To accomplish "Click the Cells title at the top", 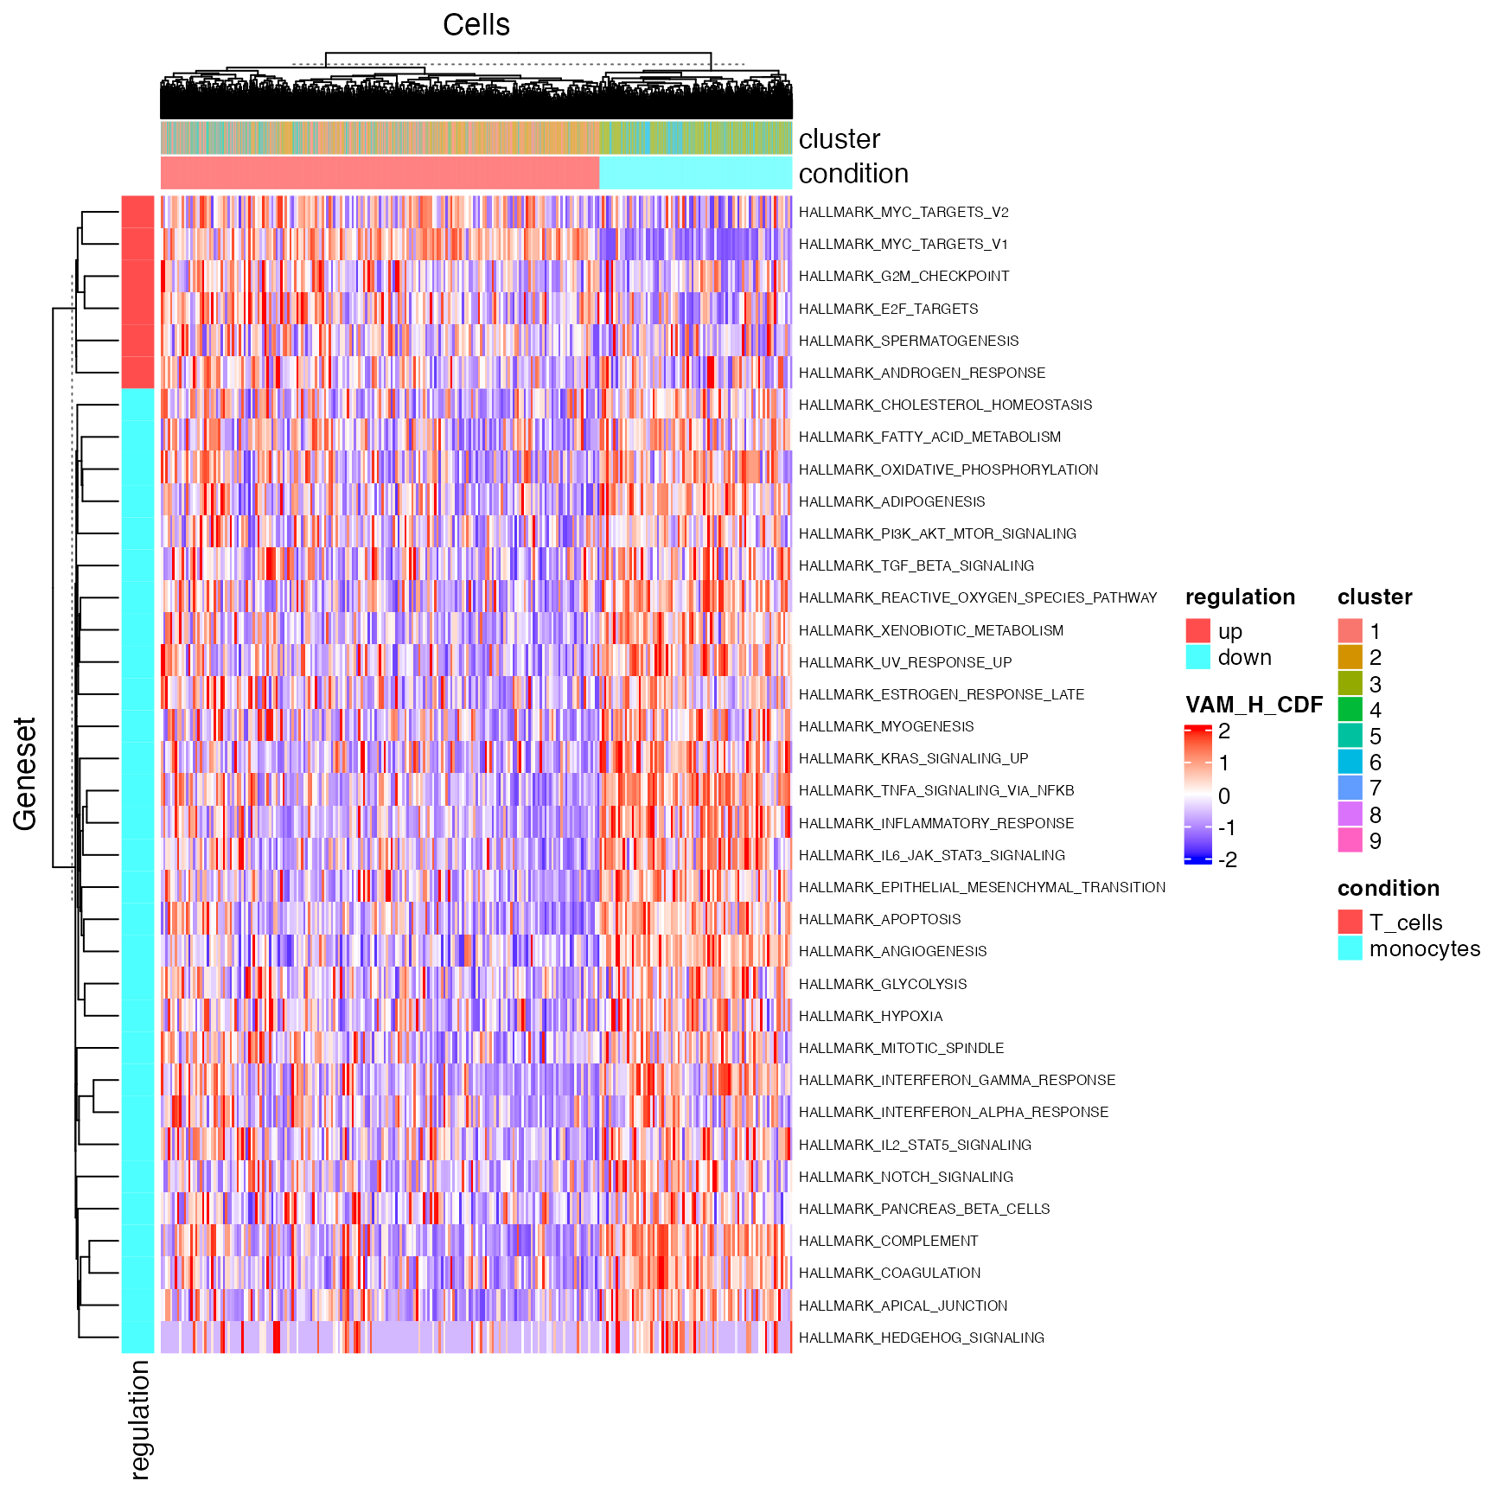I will pyautogui.click(x=476, y=25).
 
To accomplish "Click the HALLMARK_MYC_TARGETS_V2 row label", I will pyautogui.click(x=903, y=212).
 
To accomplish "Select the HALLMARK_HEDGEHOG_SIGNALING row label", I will pyautogui.click(x=921, y=1338).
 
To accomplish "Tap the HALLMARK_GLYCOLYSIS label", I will pyautogui.click(x=883, y=984).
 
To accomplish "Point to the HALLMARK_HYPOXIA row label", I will pyautogui.click(x=871, y=1016).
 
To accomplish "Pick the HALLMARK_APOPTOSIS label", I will pyautogui.click(x=879, y=919).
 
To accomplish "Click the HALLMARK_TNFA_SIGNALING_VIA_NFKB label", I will pyautogui.click(x=936, y=790).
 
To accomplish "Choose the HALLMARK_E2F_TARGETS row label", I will pyautogui.click(x=888, y=309).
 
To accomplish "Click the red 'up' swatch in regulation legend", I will pyautogui.click(x=1197, y=631).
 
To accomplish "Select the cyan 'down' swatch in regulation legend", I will pyautogui.click(x=1197, y=657).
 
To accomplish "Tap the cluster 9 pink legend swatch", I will pyautogui.click(x=1350, y=840).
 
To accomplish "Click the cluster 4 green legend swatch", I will pyautogui.click(x=1350, y=710).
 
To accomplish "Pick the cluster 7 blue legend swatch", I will pyautogui.click(x=1350, y=788).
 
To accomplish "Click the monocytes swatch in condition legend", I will pyautogui.click(x=1350, y=948).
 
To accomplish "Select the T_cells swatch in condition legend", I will pyautogui.click(x=1350, y=923).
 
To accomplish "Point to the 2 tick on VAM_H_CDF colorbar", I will pyautogui.click(x=1223, y=731).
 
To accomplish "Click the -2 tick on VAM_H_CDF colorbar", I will pyautogui.click(x=1227, y=859).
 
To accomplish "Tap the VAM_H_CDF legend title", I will pyautogui.click(x=1254, y=705).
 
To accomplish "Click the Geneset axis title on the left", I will pyautogui.click(x=25, y=773).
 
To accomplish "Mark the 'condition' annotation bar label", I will pyautogui.click(x=853, y=174).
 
